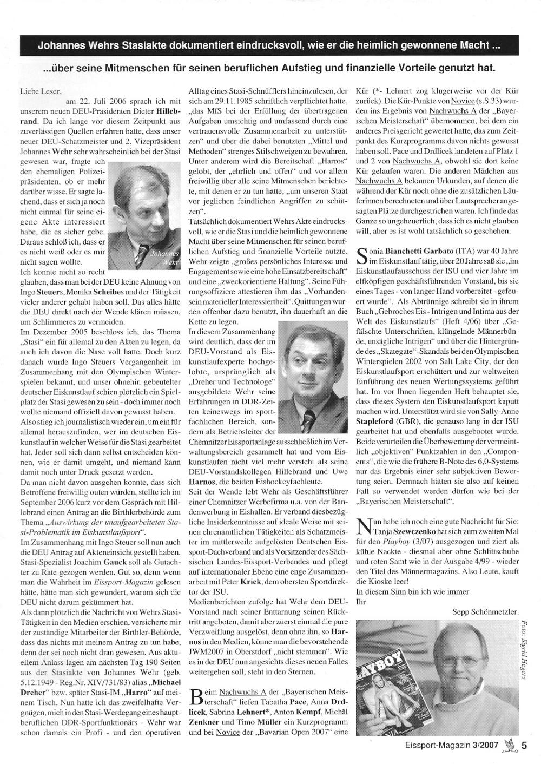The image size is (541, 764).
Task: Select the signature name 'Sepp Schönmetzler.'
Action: coord(485,611)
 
